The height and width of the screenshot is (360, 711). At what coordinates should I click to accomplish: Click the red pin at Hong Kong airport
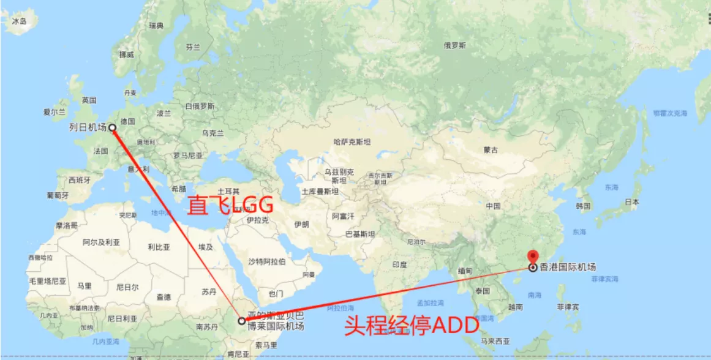(x=532, y=257)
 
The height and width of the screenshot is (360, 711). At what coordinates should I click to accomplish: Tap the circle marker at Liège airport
(x=112, y=127)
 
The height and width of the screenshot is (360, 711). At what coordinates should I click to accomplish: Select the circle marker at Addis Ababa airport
(x=242, y=320)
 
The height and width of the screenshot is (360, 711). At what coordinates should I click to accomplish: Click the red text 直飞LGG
(x=230, y=205)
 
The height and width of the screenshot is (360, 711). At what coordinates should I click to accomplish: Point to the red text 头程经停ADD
(x=411, y=325)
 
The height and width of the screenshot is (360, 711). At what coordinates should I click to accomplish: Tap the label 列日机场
(x=87, y=127)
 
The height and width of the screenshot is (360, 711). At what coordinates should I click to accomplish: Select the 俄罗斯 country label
(x=455, y=45)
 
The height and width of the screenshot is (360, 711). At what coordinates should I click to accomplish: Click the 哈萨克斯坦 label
(x=352, y=142)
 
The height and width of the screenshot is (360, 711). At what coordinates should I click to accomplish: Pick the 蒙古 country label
(x=491, y=150)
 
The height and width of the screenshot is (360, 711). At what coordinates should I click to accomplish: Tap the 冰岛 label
(x=20, y=21)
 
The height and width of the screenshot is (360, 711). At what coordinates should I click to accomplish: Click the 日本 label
(x=632, y=201)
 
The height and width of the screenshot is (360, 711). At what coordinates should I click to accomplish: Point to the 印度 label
(x=399, y=264)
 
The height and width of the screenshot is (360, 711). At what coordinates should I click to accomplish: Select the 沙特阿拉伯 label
(x=266, y=261)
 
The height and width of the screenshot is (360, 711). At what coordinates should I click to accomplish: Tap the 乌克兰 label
(x=213, y=133)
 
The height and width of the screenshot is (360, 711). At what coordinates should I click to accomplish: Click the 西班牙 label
(x=80, y=180)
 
